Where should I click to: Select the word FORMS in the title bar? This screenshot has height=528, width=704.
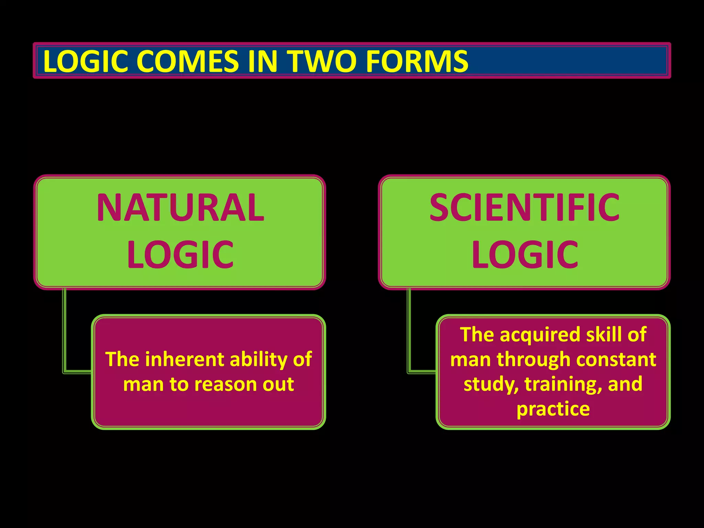(x=417, y=61)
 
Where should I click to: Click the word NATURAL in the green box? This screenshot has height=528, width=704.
(x=180, y=208)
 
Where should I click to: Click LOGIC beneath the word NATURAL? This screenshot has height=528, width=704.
(x=180, y=255)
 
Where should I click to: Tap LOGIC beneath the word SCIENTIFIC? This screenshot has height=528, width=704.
(x=525, y=255)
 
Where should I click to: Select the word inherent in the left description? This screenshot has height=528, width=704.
(x=185, y=359)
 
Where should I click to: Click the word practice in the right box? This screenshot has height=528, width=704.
(x=553, y=409)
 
